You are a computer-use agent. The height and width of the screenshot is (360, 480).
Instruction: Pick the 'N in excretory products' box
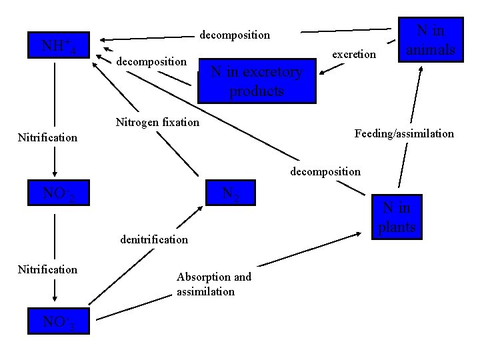[257, 81]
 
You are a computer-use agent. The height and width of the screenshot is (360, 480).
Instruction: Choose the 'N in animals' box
[431, 40]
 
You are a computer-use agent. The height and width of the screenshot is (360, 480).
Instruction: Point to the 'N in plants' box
[397, 217]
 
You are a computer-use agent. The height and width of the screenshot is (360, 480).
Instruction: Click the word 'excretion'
[354, 54]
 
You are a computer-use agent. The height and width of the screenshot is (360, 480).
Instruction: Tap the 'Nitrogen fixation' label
[157, 122]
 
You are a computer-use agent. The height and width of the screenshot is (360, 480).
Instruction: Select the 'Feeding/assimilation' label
[404, 134]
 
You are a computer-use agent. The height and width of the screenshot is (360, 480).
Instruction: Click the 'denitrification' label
[154, 239]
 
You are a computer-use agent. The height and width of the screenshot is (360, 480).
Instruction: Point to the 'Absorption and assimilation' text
[213, 284]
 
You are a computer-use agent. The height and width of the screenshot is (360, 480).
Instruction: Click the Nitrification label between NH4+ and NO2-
[47, 138]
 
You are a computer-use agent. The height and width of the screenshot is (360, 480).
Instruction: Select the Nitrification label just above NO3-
[47, 269]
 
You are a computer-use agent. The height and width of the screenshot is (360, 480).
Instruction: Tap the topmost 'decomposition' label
[235, 34]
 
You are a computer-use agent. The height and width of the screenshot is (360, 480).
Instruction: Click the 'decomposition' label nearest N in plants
[325, 171]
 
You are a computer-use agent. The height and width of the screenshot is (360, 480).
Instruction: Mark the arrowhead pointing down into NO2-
[55, 172]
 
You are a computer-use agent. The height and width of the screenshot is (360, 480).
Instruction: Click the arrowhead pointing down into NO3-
[55, 299]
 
